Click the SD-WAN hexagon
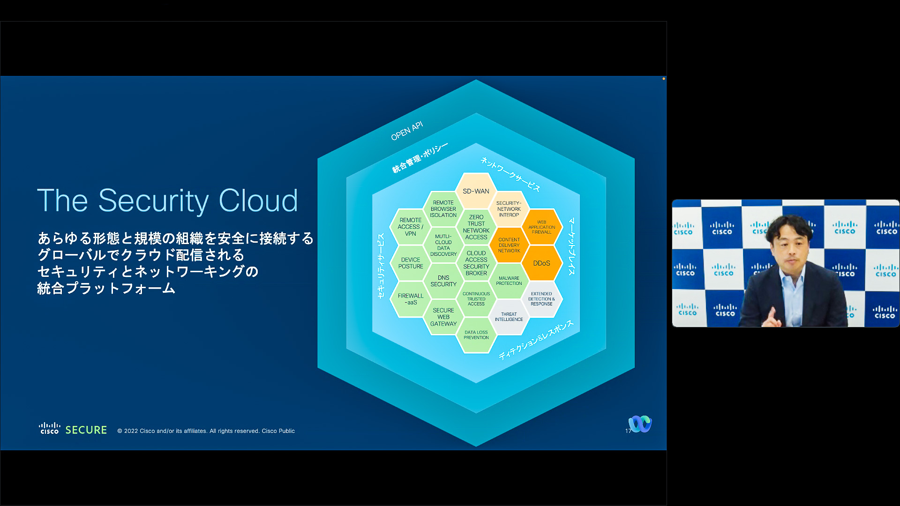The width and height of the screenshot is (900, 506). tap(476, 191)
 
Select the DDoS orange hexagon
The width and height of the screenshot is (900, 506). tap(541, 263)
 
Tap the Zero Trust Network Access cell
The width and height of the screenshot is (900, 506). tap(476, 227)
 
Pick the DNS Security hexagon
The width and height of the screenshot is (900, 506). tap(443, 281)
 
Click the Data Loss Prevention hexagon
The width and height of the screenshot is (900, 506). tap(476, 335)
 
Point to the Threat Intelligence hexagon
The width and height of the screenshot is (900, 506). tap(509, 317)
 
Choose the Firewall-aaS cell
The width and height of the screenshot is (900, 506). tap(411, 299)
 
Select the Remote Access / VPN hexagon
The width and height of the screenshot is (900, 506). tap(411, 227)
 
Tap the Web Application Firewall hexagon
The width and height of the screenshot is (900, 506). tap(541, 227)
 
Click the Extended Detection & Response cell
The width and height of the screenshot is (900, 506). tap(541, 299)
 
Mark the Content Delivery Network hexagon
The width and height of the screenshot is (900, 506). tap(509, 245)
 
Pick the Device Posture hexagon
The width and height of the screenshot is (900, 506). tap(411, 263)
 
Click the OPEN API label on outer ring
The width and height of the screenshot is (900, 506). tap(407, 131)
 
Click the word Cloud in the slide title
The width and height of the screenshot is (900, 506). tap(258, 201)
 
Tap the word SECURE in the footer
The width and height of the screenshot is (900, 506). tap(86, 430)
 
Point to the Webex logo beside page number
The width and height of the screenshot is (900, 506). tap(640, 424)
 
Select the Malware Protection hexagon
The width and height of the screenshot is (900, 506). tap(509, 281)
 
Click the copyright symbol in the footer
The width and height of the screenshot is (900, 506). tap(120, 431)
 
